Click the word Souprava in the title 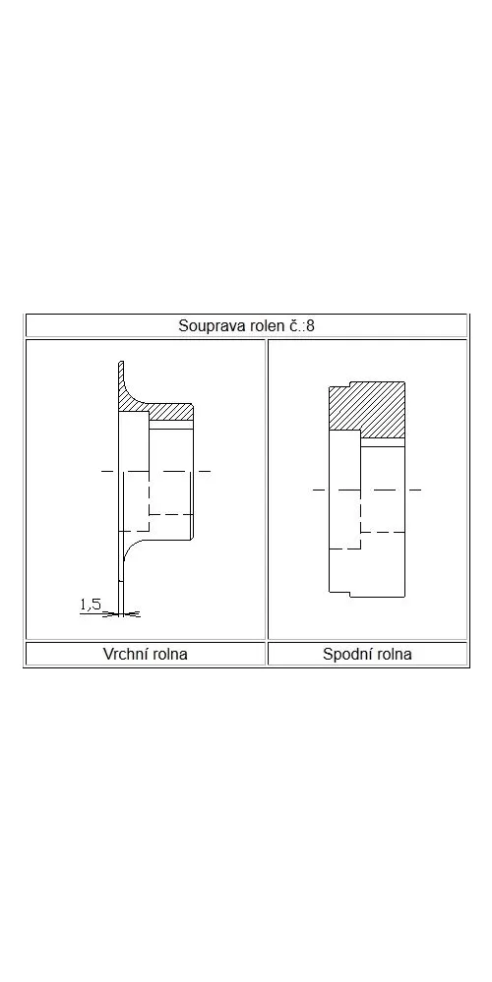(208, 326)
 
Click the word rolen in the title (258, 326)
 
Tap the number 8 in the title (310, 326)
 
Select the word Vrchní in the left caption (124, 655)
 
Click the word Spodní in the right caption (344, 655)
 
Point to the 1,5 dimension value (91, 605)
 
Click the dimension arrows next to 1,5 (122, 614)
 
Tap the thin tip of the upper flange (122, 365)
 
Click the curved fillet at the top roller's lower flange (134, 548)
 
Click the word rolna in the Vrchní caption (168, 655)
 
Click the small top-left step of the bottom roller (339, 384)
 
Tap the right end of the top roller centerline (210, 471)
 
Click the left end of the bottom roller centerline (313, 490)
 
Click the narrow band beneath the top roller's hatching (171, 425)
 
